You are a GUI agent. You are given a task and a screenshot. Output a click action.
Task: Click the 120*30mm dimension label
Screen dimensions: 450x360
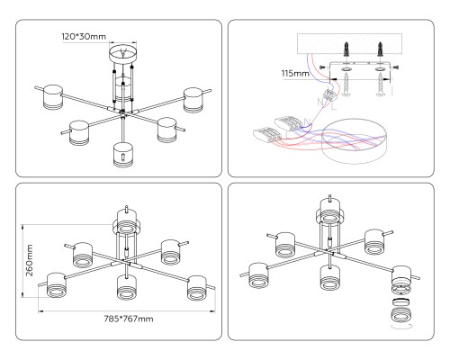tap(84, 37)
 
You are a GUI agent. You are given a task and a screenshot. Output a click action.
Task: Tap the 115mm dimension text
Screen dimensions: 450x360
tap(295, 73)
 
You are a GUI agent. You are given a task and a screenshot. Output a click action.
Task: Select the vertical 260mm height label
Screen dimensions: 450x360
tap(30, 260)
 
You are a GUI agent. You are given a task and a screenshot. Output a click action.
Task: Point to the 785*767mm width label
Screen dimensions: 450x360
tap(129, 319)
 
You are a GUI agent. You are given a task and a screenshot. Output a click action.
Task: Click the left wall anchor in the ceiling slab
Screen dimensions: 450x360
tap(346, 49)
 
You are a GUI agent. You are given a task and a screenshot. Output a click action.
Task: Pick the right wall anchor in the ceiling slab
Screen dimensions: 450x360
tap(381, 49)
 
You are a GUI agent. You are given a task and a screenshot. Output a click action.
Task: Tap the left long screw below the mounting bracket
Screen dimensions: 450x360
tap(346, 85)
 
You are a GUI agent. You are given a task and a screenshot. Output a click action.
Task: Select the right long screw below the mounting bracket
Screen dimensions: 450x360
tap(381, 85)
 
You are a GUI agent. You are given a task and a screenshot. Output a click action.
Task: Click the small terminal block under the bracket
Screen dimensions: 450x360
tap(330, 95)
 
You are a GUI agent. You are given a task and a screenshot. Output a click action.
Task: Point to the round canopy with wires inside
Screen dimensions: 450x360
tap(354, 141)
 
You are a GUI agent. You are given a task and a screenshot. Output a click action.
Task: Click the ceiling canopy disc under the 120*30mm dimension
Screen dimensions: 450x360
tap(122, 53)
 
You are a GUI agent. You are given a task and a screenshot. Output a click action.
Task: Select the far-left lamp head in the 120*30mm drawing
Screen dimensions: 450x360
tap(53, 97)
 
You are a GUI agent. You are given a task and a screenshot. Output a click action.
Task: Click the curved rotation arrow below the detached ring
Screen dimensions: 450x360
tap(402, 327)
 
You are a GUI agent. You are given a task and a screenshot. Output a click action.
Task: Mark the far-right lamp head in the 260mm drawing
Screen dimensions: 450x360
tap(197, 288)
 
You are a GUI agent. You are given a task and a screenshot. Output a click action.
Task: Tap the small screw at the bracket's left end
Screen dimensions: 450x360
tap(322, 67)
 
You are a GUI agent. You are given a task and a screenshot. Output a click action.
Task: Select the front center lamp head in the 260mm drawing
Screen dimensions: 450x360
tap(127, 287)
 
